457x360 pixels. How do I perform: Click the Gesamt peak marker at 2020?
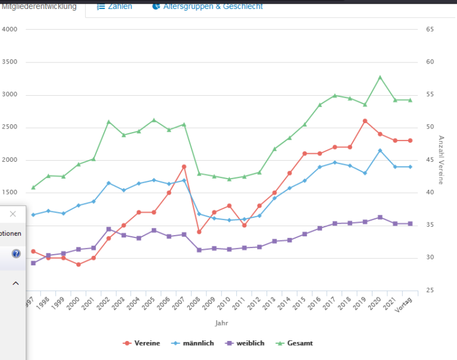coord(380,77)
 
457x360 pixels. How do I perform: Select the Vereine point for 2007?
coord(184,167)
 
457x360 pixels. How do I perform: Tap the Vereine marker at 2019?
coord(365,121)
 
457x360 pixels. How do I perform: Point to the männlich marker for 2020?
coord(380,151)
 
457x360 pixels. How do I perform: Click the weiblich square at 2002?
coord(109,229)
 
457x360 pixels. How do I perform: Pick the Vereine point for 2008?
coord(199,232)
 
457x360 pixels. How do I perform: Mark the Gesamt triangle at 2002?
coord(109,122)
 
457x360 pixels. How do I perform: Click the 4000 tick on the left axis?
coord(10,29)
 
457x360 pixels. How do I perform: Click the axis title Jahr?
coord(221,323)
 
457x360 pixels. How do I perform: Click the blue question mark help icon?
coord(16,253)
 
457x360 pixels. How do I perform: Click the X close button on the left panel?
coord(12,214)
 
